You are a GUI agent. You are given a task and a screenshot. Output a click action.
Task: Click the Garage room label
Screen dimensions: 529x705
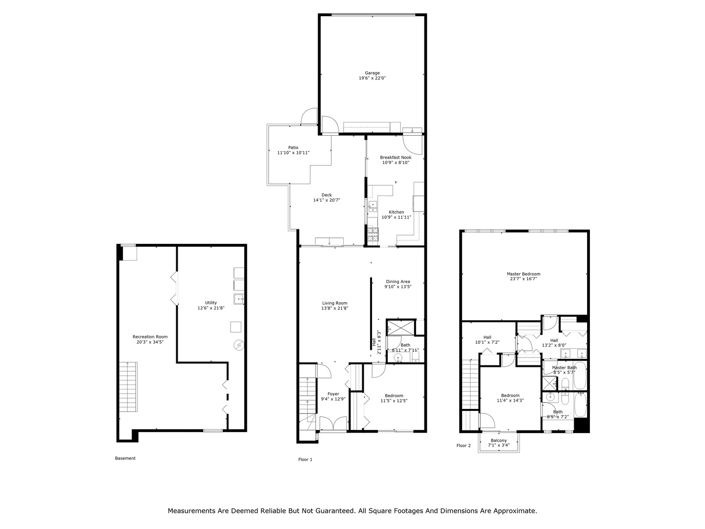point(372,73)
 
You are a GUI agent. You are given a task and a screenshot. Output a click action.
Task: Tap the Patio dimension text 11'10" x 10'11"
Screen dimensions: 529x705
point(293,153)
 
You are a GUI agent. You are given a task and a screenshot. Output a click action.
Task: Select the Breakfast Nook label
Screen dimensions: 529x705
point(396,157)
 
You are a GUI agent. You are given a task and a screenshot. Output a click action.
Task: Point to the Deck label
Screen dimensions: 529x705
point(327,195)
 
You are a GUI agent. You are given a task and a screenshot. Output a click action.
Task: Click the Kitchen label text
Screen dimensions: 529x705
point(396,212)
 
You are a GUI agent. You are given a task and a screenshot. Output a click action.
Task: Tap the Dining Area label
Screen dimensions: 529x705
point(398,282)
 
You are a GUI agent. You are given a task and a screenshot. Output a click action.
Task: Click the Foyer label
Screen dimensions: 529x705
point(333,394)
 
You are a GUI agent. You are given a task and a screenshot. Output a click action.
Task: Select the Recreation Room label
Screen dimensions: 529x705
point(150,337)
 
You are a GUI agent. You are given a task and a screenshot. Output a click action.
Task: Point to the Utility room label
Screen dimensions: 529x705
point(211,303)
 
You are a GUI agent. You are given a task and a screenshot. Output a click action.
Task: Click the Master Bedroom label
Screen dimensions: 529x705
point(523,274)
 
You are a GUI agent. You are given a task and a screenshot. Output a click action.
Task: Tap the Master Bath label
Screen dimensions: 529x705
point(564,367)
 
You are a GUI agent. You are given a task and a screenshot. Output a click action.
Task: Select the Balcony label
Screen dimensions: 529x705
point(498,440)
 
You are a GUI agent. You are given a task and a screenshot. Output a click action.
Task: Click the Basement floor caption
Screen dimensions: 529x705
point(125,458)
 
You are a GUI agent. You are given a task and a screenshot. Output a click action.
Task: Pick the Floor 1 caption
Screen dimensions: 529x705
point(305,459)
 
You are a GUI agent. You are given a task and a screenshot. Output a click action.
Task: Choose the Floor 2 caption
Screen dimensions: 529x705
point(463,446)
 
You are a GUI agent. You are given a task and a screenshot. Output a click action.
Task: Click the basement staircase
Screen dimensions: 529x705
point(128,387)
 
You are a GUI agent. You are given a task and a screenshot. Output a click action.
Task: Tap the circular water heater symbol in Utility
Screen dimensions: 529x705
point(238,345)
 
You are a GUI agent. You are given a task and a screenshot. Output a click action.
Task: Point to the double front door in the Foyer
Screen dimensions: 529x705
point(333,424)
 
